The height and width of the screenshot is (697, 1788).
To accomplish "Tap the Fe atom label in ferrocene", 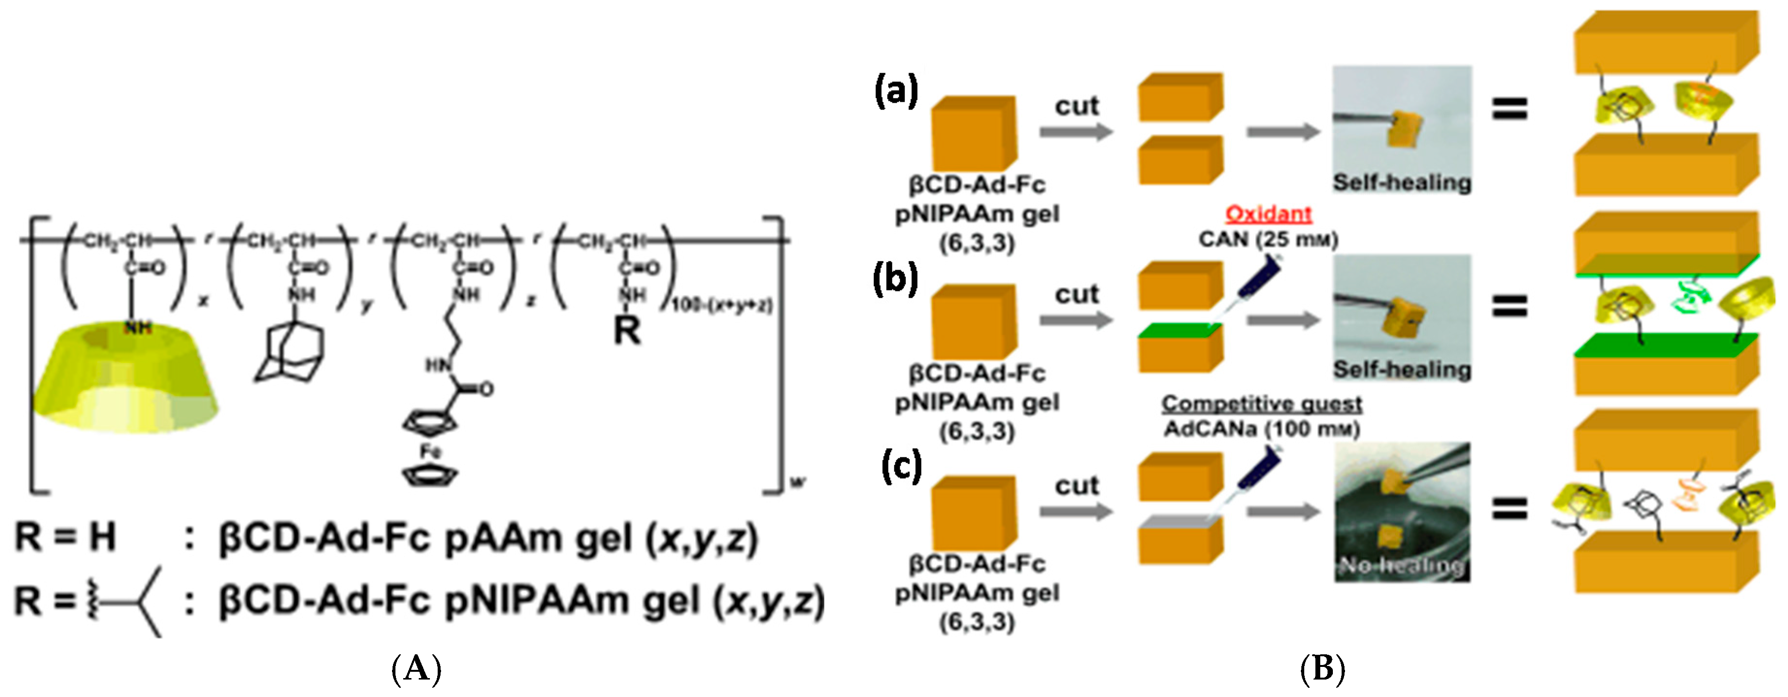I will pyautogui.click(x=430, y=452).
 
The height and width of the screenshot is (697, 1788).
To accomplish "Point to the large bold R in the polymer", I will pyautogui.click(x=627, y=331).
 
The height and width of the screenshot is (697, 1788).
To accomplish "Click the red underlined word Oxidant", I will pyautogui.click(x=1268, y=213).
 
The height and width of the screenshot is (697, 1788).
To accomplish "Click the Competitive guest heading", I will pyautogui.click(x=1261, y=403).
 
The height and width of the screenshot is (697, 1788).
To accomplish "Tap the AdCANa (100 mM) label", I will pyautogui.click(x=1261, y=429).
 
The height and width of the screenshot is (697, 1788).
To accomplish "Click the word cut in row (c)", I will pyautogui.click(x=1077, y=486).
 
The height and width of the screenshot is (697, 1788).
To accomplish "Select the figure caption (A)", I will pyautogui.click(x=416, y=670).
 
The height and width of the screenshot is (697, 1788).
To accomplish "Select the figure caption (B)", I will pyautogui.click(x=1322, y=670).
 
